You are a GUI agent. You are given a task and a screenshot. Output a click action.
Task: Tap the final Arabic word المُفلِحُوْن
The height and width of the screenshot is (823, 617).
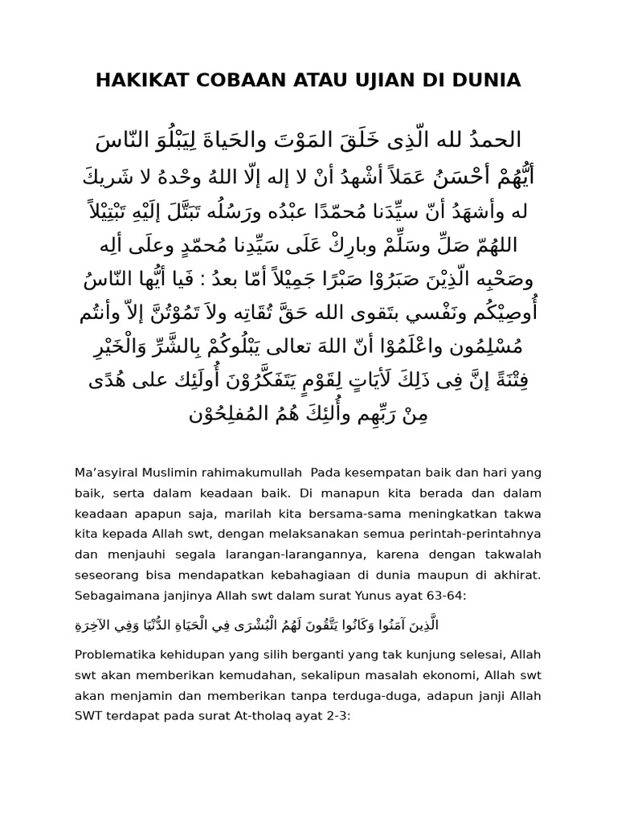pyautogui.click(x=234, y=415)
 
